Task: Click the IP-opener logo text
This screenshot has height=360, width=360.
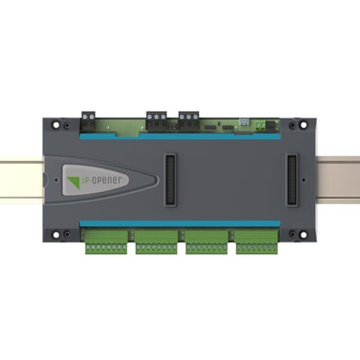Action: point(102,180)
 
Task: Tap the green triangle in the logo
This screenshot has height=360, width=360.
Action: point(74,182)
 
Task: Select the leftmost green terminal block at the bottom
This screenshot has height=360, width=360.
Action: point(106,242)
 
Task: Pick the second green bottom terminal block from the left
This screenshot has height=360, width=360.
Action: point(157,242)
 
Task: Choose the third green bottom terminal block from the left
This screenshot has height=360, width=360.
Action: point(206,242)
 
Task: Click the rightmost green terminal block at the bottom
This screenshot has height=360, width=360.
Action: point(256,242)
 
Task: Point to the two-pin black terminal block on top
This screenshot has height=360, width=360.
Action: point(88,121)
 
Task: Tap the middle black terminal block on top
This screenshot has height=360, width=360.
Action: point(157,121)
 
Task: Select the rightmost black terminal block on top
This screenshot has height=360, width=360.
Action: point(189,121)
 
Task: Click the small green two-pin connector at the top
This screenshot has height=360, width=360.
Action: point(260,124)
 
